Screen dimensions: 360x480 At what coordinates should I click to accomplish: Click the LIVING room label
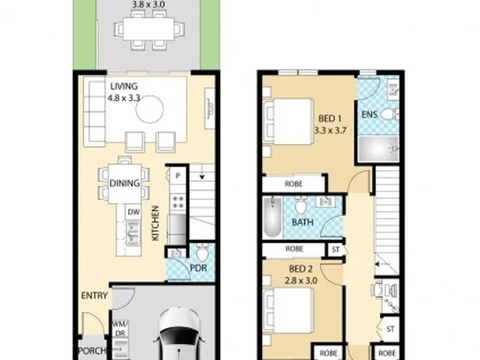pyautogui.click(x=124, y=87)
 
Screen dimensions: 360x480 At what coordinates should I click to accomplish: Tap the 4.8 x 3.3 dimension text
pyautogui.click(x=124, y=97)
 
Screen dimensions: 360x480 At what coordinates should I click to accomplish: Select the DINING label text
pyautogui.click(x=125, y=183)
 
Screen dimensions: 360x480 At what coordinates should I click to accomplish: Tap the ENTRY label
pyautogui.click(x=94, y=296)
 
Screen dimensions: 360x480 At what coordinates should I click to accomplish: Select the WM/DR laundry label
pyautogui.click(x=121, y=329)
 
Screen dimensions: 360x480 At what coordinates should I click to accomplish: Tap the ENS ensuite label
pyautogui.click(x=369, y=115)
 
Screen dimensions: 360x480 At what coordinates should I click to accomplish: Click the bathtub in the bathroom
pyautogui.click(x=273, y=217)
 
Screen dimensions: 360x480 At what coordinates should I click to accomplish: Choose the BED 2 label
pyautogui.click(x=301, y=269)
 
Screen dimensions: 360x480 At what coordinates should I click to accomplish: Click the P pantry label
pyautogui.click(x=177, y=176)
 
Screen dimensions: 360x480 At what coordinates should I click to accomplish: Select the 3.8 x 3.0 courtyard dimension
pyautogui.click(x=148, y=4)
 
